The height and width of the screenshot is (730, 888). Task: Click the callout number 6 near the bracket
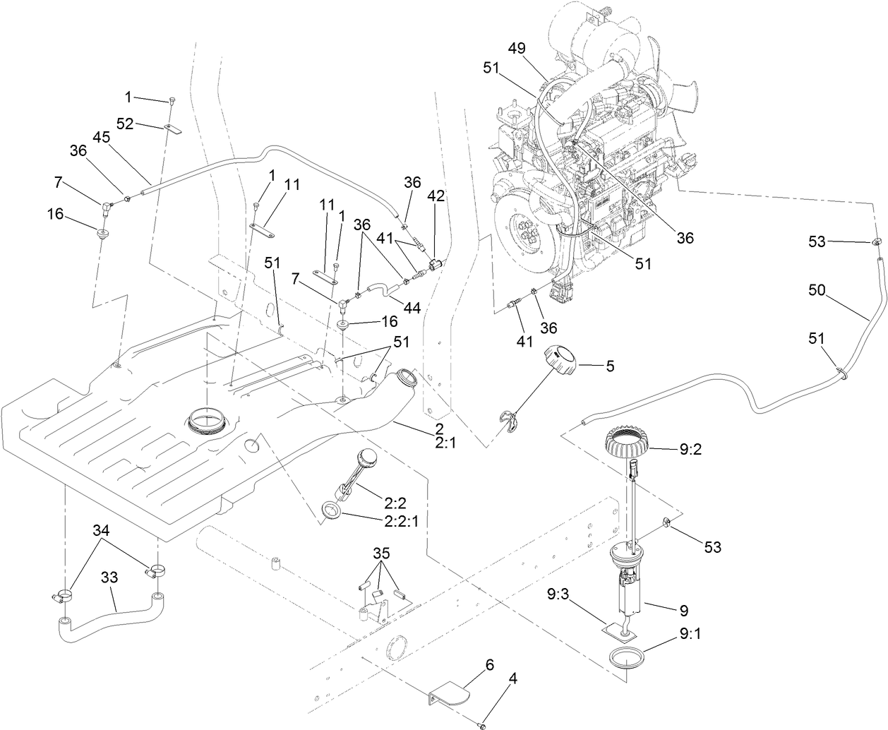(x=488, y=664)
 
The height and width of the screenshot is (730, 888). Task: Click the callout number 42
(x=436, y=197)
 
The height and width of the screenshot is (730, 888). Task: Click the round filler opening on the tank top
(x=208, y=423)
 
